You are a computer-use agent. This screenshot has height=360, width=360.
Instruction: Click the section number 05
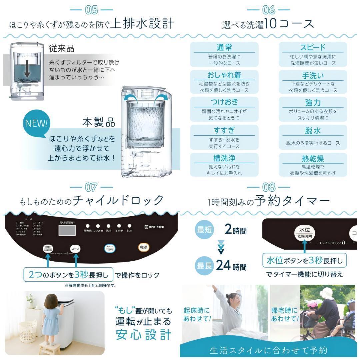91,10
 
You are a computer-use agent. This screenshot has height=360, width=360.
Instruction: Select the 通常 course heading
224,48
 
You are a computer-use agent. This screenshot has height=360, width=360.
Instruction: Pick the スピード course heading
312,48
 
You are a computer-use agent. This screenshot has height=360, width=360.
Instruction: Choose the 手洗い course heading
312,76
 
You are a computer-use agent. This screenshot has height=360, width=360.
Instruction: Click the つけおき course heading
224,102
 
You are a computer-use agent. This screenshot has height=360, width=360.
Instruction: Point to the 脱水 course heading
312,131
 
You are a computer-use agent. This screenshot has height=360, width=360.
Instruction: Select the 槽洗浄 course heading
224,158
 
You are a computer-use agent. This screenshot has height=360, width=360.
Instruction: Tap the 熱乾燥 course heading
312,159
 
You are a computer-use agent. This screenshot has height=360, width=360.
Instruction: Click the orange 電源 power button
144,247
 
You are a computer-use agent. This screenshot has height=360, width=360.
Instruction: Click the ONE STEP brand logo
154,227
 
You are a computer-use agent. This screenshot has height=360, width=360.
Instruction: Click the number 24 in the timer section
223,265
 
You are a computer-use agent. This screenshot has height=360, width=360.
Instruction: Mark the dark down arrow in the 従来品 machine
27,70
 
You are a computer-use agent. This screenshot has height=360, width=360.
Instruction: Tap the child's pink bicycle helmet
312,304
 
